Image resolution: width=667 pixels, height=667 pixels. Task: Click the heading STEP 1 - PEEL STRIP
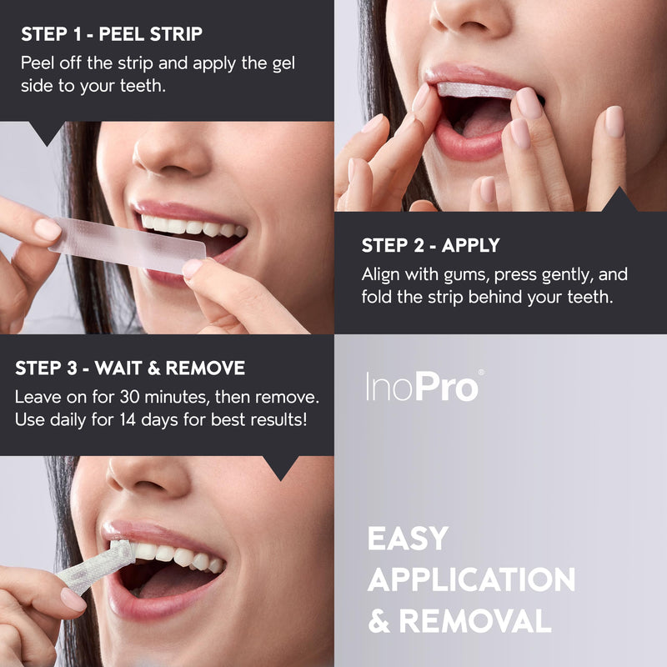coord(112,34)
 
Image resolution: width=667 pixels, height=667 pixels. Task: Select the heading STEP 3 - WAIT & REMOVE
coord(130,368)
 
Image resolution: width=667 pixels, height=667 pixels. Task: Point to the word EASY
coord(409,539)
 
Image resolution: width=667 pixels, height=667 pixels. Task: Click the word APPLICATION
coord(471,579)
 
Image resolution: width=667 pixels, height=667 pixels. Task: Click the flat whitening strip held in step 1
coord(125,246)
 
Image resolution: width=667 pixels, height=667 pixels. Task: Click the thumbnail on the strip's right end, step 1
coord(193,268)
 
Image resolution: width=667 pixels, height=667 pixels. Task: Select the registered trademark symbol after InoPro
coord(480,373)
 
